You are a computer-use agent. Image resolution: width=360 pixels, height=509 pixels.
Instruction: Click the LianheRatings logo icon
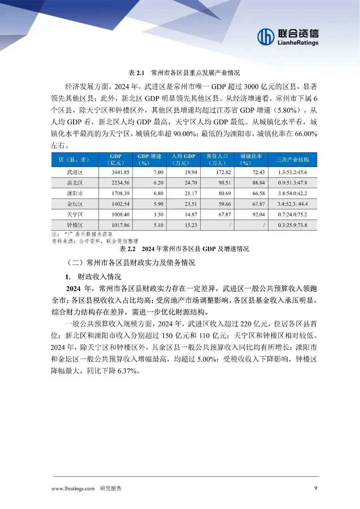[266, 36]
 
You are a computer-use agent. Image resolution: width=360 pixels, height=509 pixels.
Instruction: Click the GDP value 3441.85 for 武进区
[120, 172]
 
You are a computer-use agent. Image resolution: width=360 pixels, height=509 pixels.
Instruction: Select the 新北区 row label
[75, 183]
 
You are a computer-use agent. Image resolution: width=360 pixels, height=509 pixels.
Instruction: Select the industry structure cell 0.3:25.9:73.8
[292, 225]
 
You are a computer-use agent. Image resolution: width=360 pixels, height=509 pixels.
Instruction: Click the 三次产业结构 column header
[292, 160]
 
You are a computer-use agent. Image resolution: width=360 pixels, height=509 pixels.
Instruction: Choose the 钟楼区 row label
[75, 225]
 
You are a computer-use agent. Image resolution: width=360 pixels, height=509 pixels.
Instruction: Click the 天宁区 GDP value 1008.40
[120, 215]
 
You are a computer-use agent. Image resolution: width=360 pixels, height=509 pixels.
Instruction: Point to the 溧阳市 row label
[75, 193]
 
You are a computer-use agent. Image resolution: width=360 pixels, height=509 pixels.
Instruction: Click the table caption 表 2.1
[136, 73]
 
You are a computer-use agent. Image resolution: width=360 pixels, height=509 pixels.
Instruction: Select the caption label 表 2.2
[127, 249]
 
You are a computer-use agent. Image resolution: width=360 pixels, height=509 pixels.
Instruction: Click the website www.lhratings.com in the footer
[73, 489]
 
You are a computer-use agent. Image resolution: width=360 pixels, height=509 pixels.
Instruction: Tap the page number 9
[316, 488]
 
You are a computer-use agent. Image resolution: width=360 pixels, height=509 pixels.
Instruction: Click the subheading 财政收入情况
[99, 277]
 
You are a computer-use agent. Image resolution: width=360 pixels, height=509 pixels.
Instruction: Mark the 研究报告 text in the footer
[111, 489]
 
